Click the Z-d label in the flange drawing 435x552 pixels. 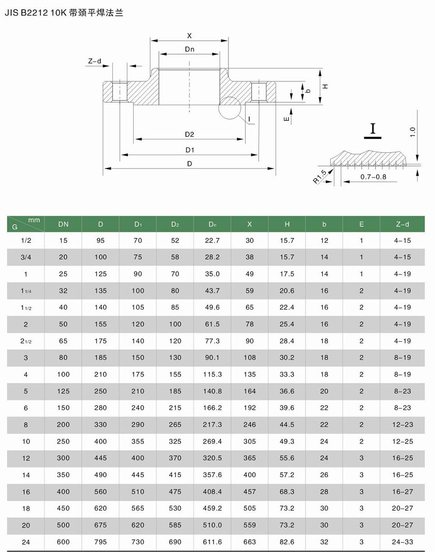[x=95, y=62]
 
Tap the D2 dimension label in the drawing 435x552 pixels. [x=189, y=134]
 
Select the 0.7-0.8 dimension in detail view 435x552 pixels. [x=373, y=176]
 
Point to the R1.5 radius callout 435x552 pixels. [x=319, y=176]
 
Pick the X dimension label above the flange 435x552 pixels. [x=189, y=36]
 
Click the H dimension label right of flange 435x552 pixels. [x=325, y=86]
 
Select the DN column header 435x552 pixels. [x=63, y=224]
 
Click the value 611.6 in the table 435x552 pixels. [x=212, y=542]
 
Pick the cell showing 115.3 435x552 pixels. [x=212, y=374]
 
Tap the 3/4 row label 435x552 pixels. [x=26, y=257]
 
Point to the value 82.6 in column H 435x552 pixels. [x=287, y=542]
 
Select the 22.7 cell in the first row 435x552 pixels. [x=212, y=241]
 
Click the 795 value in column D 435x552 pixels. [x=101, y=542]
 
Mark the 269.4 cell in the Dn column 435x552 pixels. [x=212, y=441]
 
